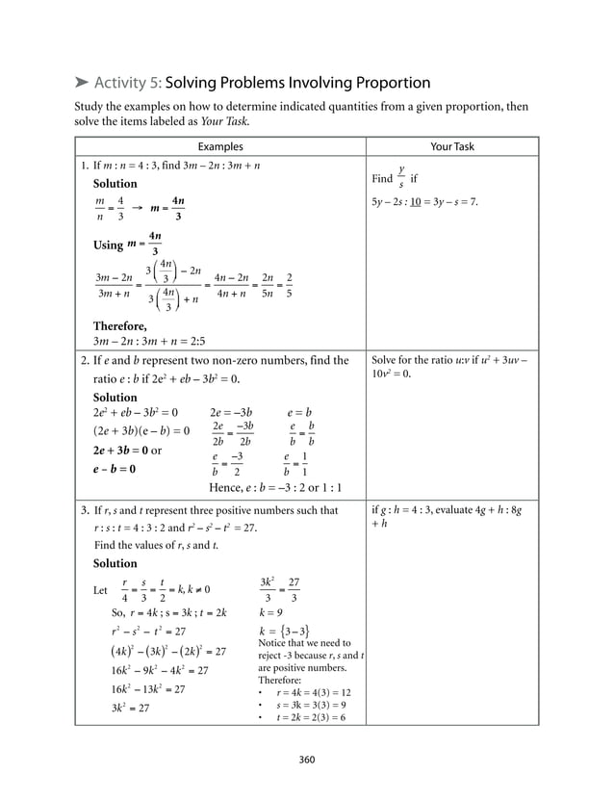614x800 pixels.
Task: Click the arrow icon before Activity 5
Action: coord(82,83)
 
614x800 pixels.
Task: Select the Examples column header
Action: coord(219,147)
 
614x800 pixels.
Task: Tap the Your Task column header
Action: coord(451,147)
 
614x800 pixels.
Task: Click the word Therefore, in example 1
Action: coord(120,325)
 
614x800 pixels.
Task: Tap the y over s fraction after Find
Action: coord(401,177)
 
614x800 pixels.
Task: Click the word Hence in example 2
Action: coord(226,486)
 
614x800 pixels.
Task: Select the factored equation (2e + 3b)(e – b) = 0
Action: coord(141,430)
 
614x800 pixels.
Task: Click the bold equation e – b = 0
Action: coord(114,469)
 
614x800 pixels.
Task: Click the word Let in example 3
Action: coord(100,590)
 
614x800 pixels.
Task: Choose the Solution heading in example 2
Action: coord(115,397)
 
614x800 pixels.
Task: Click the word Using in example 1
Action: coord(108,245)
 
